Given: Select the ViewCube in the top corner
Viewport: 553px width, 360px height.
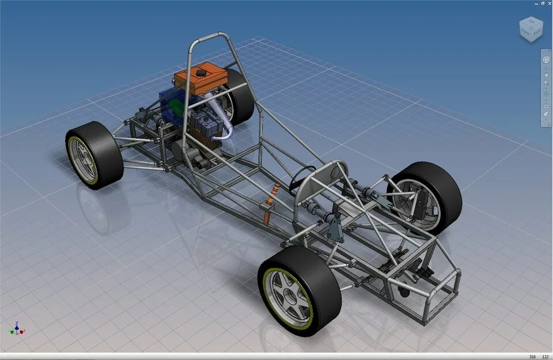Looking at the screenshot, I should pyautogui.click(x=531, y=29).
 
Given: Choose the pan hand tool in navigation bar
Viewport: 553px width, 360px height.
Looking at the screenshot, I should pyautogui.click(x=546, y=74).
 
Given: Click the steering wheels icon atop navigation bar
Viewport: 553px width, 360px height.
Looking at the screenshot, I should pyautogui.click(x=546, y=58).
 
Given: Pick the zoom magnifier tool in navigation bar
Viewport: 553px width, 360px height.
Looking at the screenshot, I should pyautogui.click(x=546, y=84).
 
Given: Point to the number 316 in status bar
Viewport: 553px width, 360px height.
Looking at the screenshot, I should pyautogui.click(x=532, y=357).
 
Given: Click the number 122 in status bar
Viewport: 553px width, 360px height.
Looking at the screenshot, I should pyautogui.click(x=545, y=357).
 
